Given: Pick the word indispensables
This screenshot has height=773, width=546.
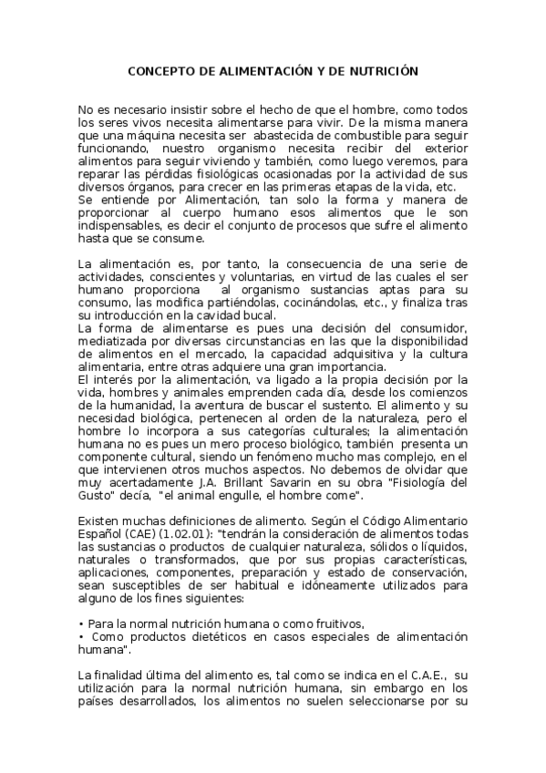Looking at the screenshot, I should click(120, 225).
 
